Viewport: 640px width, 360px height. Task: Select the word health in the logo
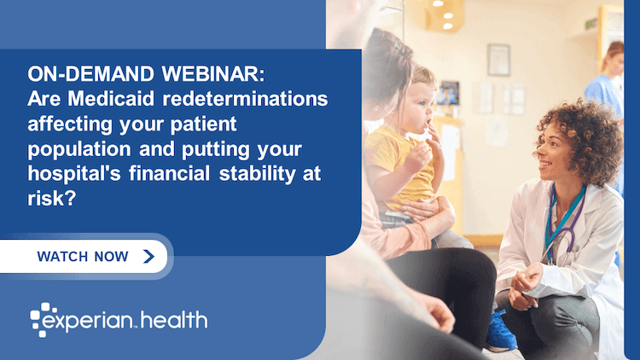click(x=176, y=321)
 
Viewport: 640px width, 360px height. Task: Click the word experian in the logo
click(x=95, y=322)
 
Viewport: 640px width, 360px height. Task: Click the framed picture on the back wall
click(x=498, y=59)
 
